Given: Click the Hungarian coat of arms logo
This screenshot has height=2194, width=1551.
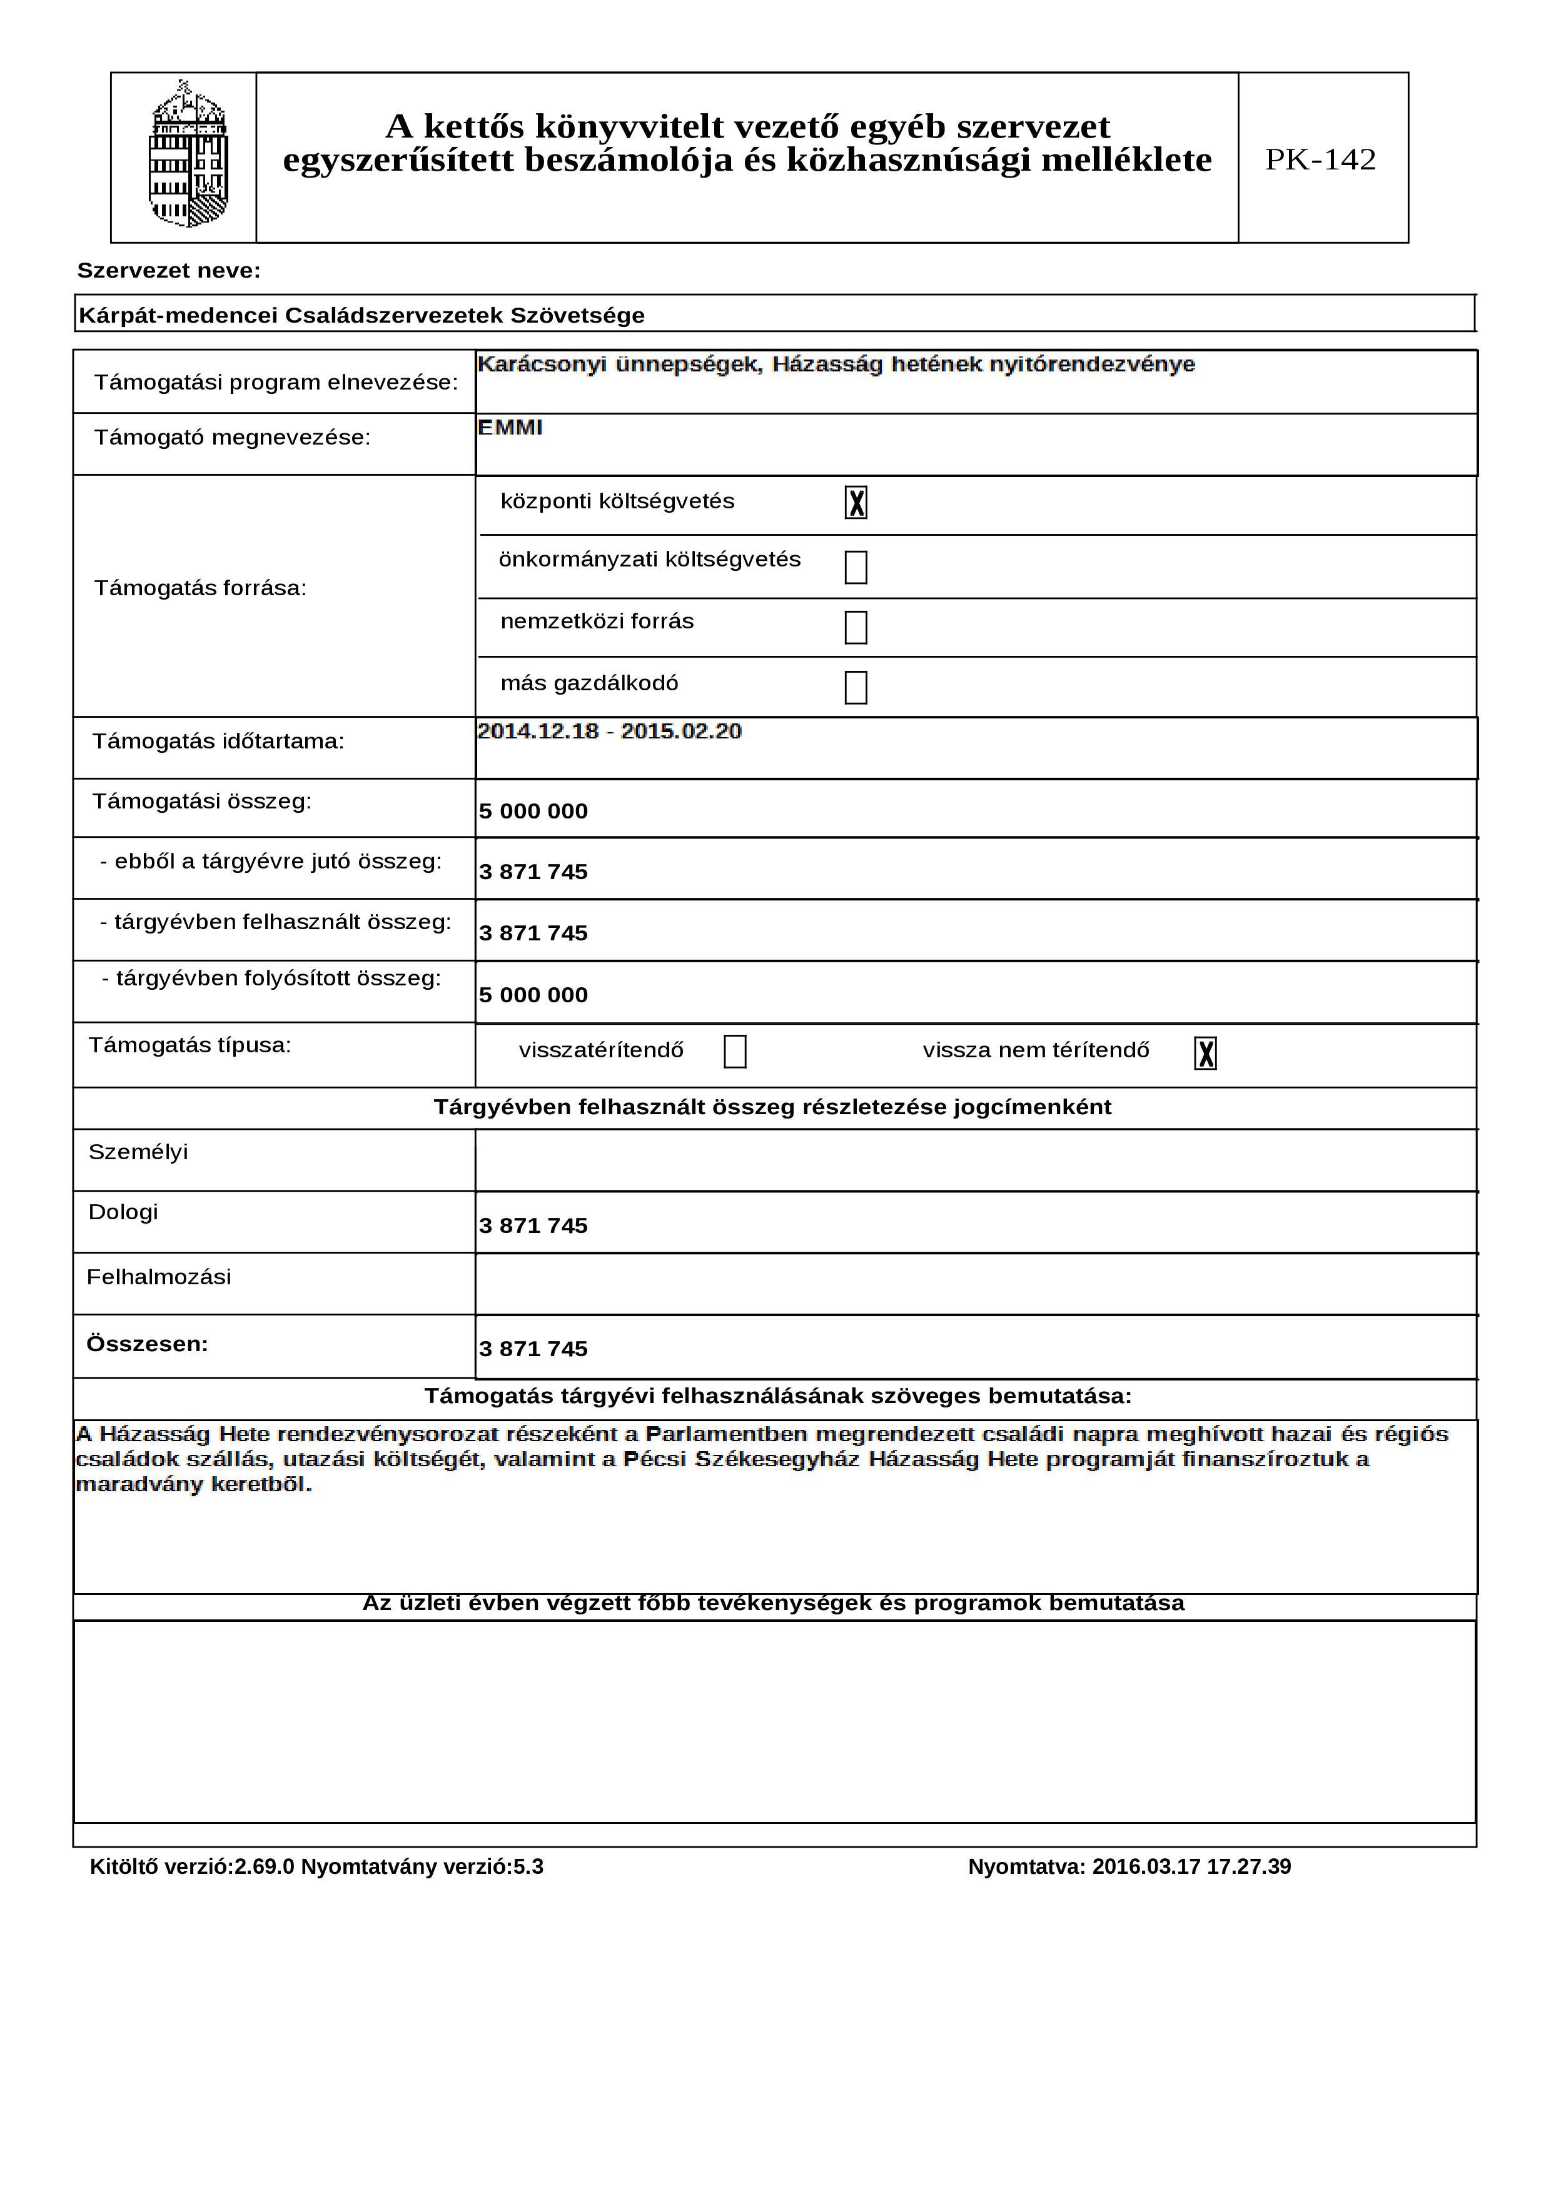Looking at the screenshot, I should pos(188,156).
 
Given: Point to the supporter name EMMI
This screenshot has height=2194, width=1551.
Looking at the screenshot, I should pos(510,428).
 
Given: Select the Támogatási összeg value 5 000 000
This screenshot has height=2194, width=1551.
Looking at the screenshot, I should pos(533,812).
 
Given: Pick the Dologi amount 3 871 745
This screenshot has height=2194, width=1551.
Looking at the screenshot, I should pos(533,1226).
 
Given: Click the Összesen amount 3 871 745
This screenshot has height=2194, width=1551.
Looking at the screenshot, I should pos(533,1349).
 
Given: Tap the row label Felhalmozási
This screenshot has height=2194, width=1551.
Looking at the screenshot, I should pos(159,1277).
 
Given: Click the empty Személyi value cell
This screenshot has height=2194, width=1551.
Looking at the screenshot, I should pos(975,1160).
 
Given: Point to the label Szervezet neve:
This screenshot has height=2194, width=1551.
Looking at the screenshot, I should pos(168,271).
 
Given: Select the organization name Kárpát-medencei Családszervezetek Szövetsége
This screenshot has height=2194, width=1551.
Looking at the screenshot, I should pos(361,315).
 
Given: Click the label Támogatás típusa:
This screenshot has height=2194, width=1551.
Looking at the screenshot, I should pos(189,1045).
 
